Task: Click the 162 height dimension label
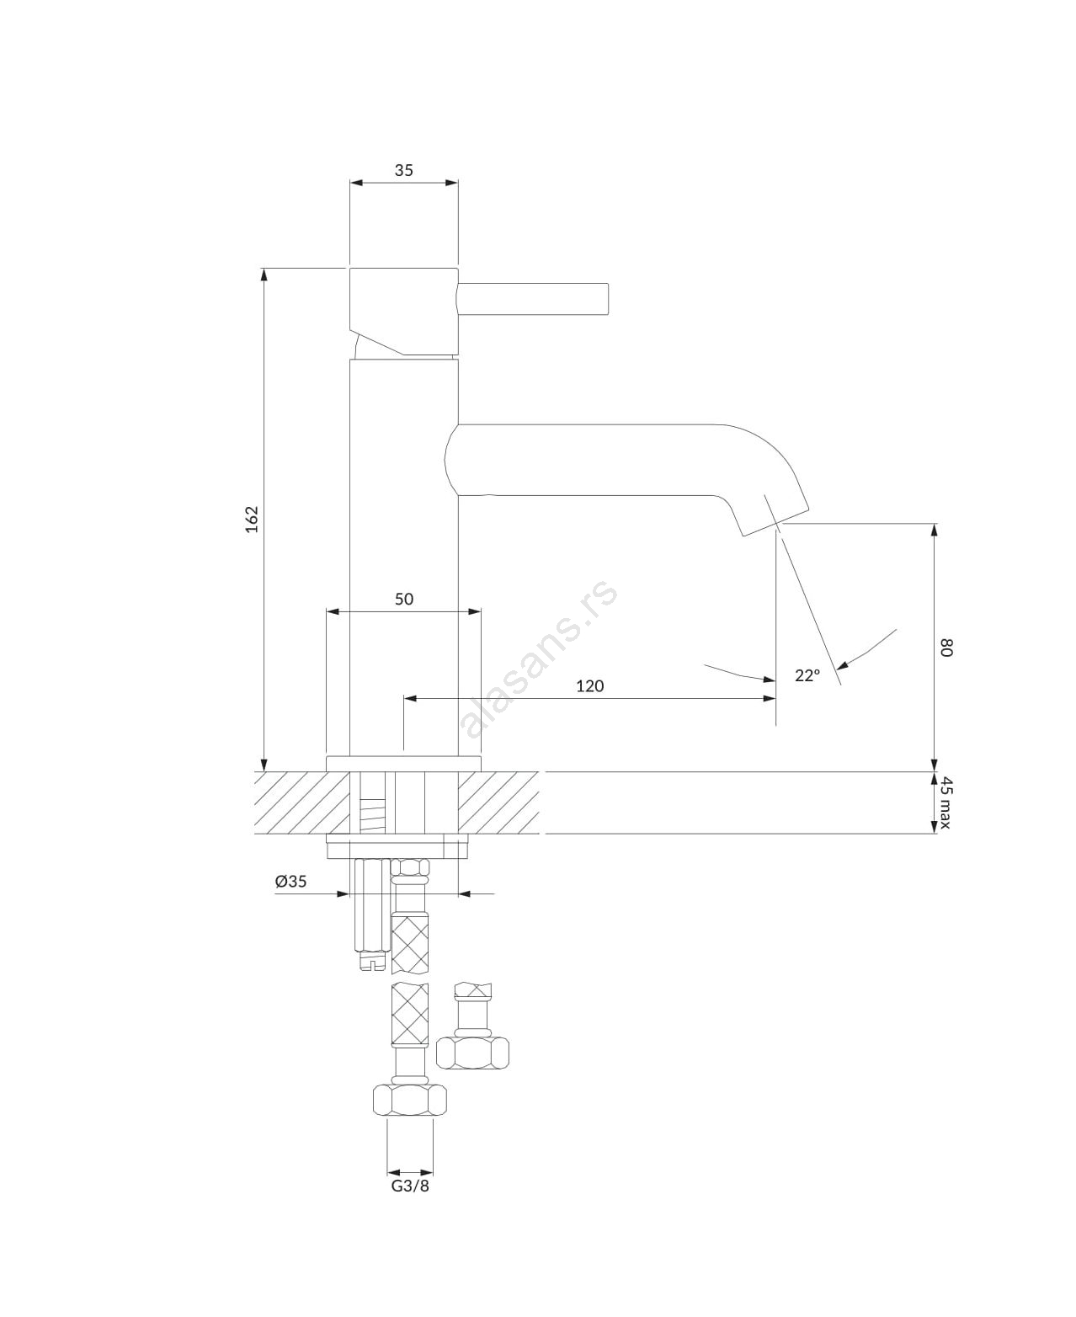(x=252, y=519)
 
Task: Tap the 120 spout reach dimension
(x=589, y=686)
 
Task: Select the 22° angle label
(x=807, y=675)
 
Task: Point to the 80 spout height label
(x=945, y=647)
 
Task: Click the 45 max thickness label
(x=945, y=802)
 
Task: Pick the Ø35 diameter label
(x=291, y=881)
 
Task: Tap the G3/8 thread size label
(x=410, y=1186)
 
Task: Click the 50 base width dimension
(x=404, y=599)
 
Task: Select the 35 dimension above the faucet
(x=404, y=170)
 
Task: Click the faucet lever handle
(x=533, y=298)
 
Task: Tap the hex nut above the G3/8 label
(x=410, y=1101)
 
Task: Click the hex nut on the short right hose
(x=472, y=1053)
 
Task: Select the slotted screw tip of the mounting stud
(x=374, y=981)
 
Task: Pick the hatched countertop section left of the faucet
(x=301, y=802)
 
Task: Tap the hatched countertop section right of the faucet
(x=498, y=802)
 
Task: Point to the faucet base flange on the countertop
(x=403, y=764)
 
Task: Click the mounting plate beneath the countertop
(x=397, y=846)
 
